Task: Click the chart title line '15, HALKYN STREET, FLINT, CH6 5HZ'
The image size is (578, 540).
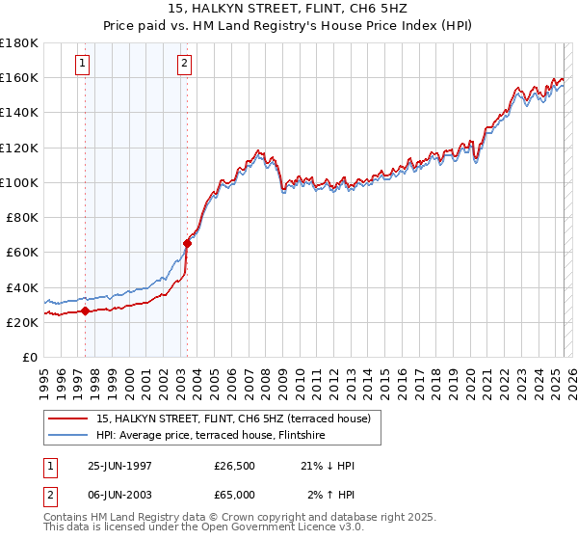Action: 290,11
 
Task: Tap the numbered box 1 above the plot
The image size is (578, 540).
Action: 84,65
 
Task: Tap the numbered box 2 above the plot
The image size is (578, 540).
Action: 184,65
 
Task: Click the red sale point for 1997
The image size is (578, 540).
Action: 85,310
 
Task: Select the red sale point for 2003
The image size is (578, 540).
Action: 187,243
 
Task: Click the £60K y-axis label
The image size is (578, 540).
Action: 22,252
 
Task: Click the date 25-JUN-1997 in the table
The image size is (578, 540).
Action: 119,466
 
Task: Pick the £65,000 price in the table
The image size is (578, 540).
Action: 235,494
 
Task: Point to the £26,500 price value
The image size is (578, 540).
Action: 235,466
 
